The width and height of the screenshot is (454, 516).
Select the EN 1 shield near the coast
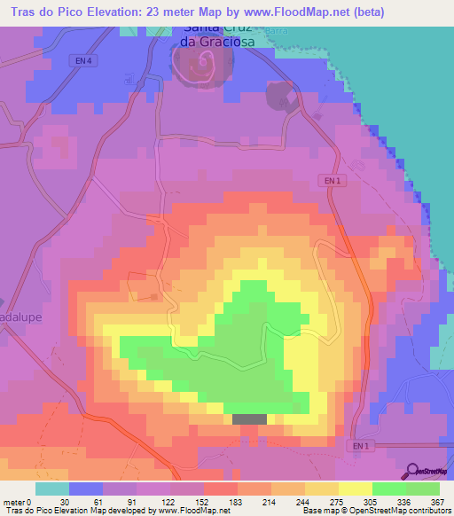pos(330,181)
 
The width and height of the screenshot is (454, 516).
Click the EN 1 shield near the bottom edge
pos(356,445)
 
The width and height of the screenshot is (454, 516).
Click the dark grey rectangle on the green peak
pos(249,419)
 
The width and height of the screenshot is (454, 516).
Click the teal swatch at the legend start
pos(51,489)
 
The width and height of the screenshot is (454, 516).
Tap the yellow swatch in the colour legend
pos(355,489)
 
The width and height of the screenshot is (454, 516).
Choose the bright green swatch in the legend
pos(388,489)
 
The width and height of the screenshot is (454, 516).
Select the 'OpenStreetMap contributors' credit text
pos(402,511)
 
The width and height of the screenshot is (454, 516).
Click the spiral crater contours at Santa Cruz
pos(206,63)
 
